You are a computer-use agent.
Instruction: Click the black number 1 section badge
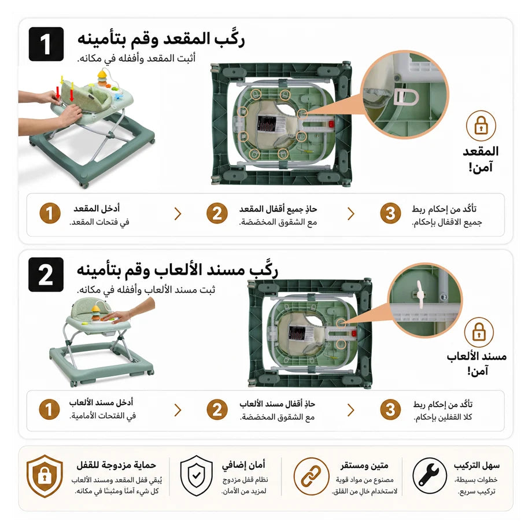[46, 44]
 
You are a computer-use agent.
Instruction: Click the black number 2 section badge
[46, 275]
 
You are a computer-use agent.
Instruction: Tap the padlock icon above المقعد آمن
[481, 125]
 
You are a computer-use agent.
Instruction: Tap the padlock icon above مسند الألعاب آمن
[479, 331]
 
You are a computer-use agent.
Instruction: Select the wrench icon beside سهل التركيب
[429, 475]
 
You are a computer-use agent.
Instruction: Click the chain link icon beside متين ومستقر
[311, 476]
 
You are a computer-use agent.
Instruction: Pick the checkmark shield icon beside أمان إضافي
[196, 476]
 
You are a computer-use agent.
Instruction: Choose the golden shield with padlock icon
[45, 476]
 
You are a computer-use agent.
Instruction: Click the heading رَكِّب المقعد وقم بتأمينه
[161, 39]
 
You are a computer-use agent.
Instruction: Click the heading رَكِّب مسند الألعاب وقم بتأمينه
[177, 270]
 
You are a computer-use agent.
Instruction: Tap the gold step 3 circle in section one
[390, 213]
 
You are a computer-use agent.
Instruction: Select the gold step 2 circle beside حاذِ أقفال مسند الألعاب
[217, 409]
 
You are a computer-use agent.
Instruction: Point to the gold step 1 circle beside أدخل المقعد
[50, 213]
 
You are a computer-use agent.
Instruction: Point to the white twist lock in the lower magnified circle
[420, 294]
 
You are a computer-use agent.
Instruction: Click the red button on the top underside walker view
[331, 124]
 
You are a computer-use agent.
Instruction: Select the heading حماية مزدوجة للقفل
[116, 465]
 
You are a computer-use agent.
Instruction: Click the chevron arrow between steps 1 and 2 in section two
[178, 410]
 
